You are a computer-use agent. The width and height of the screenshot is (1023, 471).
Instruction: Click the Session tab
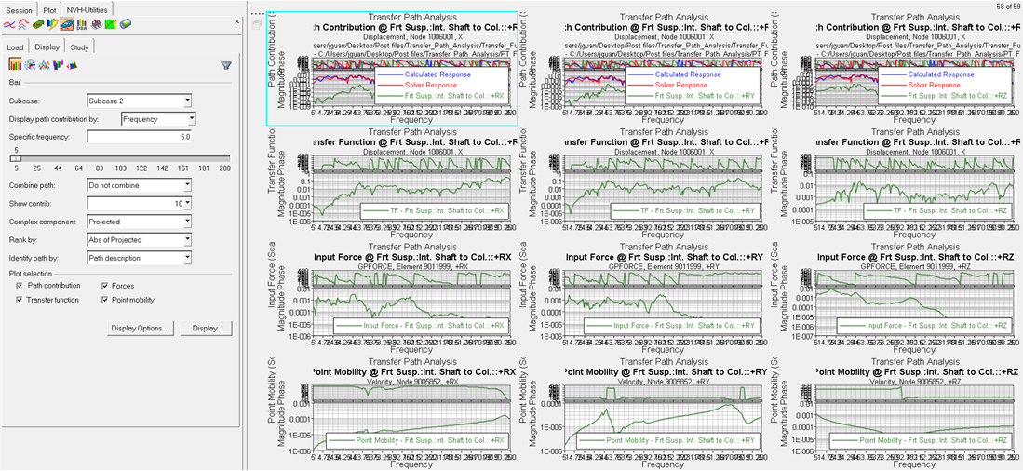pyautogui.click(x=20, y=9)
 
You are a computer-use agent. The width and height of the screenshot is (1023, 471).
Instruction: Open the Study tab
pyautogui.click(x=80, y=47)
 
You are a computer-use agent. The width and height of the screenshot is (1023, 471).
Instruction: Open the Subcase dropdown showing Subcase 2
pyautogui.click(x=139, y=101)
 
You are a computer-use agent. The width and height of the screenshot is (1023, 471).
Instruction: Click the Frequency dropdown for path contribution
pyautogui.click(x=158, y=119)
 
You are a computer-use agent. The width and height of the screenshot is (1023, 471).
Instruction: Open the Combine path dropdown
pyautogui.click(x=139, y=185)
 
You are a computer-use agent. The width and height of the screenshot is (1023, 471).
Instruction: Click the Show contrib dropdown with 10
pyautogui.click(x=139, y=203)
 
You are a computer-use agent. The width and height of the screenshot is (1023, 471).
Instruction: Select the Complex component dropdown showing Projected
pyautogui.click(x=139, y=222)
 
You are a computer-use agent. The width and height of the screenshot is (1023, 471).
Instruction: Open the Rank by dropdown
pyautogui.click(x=139, y=239)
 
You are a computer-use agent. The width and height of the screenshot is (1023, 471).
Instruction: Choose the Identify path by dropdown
pyautogui.click(x=139, y=257)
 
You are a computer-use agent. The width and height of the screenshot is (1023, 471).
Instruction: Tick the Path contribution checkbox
pyautogui.click(x=20, y=286)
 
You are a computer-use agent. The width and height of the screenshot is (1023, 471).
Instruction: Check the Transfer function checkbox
pyautogui.click(x=20, y=300)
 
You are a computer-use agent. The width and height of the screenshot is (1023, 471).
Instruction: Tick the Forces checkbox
pyautogui.click(x=104, y=286)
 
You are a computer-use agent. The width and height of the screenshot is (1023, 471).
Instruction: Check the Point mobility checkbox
pyautogui.click(x=104, y=300)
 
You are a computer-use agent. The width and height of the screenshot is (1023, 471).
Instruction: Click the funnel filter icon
pyautogui.click(x=226, y=65)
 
